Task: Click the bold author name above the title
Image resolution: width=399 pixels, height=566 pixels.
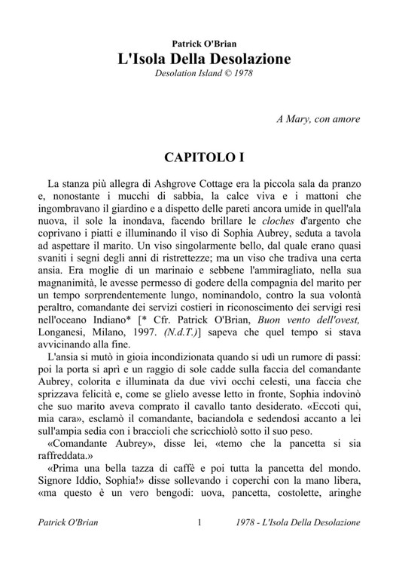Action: (200, 44)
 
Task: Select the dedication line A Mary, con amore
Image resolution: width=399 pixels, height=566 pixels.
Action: (318, 119)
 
